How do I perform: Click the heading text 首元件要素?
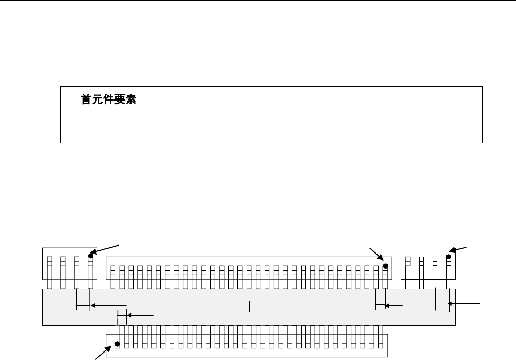point(109,100)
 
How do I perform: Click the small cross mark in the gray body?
point(249,307)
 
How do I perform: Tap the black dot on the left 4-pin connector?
point(91,256)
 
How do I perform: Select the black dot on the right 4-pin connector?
point(449,257)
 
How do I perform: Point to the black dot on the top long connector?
point(385,265)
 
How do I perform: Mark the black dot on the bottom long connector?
point(118,344)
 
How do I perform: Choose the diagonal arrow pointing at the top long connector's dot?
point(377,256)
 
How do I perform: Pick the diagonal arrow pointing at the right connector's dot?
point(459,250)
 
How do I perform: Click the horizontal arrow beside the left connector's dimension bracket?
point(109,305)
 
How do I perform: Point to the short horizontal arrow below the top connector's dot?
point(395,306)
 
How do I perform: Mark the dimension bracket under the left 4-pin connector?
point(83,307)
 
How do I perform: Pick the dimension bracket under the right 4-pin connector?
point(442,304)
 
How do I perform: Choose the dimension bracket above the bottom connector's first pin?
point(122,317)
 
